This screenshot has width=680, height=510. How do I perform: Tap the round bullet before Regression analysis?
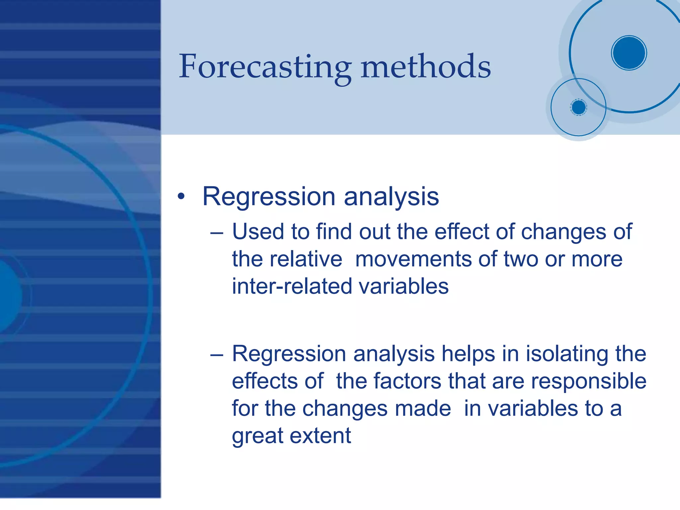coord(181,196)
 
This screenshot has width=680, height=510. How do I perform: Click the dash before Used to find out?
coord(216,233)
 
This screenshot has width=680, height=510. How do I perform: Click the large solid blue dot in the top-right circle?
coord(629,53)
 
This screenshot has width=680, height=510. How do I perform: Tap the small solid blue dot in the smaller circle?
coord(579,107)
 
